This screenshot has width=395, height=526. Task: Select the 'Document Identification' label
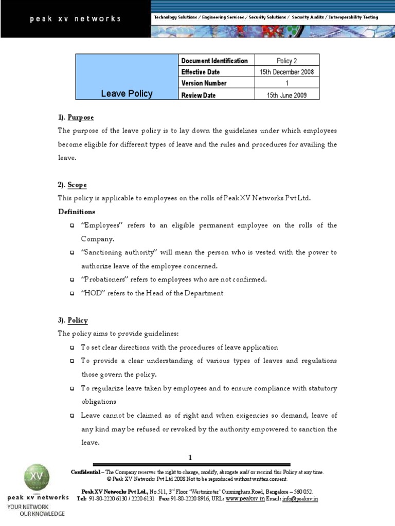(x=214, y=61)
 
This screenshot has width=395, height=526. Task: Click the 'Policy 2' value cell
(x=287, y=61)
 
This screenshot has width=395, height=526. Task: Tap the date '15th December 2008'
(x=287, y=72)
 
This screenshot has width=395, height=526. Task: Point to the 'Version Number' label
(x=204, y=83)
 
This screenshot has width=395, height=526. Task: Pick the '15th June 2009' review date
(x=287, y=95)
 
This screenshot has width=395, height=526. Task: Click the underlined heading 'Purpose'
(x=81, y=118)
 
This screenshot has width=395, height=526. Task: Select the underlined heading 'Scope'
(x=77, y=185)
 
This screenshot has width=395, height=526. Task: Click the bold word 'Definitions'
(x=77, y=212)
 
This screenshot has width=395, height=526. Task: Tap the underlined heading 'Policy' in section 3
(x=78, y=320)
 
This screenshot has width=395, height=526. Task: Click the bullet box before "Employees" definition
(x=71, y=226)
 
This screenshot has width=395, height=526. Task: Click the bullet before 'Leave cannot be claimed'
(x=71, y=416)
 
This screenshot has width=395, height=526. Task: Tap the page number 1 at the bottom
(x=190, y=458)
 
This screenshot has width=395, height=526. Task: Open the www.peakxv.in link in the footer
(x=245, y=499)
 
